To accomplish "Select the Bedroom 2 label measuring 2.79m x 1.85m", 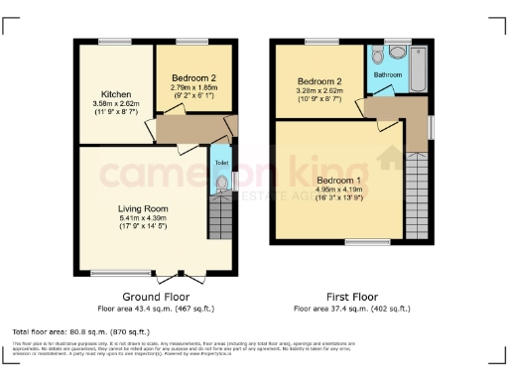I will tap(194, 75).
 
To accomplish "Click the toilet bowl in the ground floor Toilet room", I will tap(221, 184).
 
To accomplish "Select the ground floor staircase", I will tap(220, 216).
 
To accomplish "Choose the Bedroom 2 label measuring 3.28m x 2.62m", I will tap(320, 80).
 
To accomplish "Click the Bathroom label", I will tap(388, 74).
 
